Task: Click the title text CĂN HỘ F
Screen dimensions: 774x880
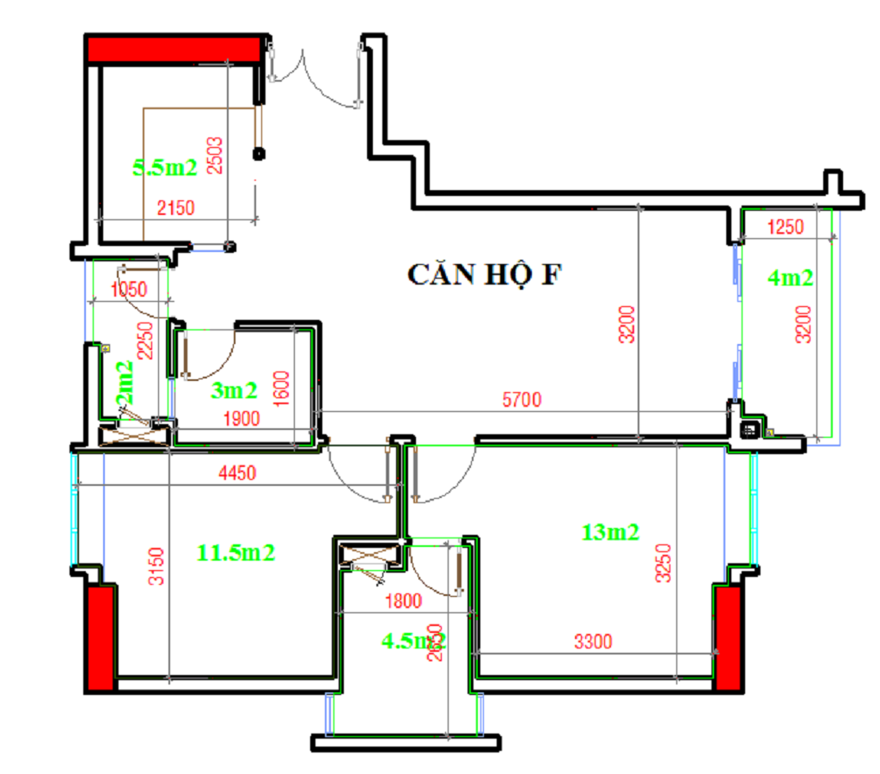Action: [486, 274]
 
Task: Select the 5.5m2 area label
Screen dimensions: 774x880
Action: [165, 168]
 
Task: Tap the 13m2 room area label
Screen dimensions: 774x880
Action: [611, 532]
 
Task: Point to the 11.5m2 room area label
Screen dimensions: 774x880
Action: [236, 552]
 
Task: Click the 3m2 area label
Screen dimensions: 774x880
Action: [234, 391]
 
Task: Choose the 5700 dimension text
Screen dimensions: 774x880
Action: [522, 399]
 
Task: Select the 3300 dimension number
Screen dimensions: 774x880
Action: [592, 640]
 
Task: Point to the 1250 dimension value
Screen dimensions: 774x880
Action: [785, 227]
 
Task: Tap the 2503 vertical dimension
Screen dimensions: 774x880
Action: [215, 156]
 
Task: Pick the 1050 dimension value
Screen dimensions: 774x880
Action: [129, 289]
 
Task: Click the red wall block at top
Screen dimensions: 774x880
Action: [174, 48]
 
